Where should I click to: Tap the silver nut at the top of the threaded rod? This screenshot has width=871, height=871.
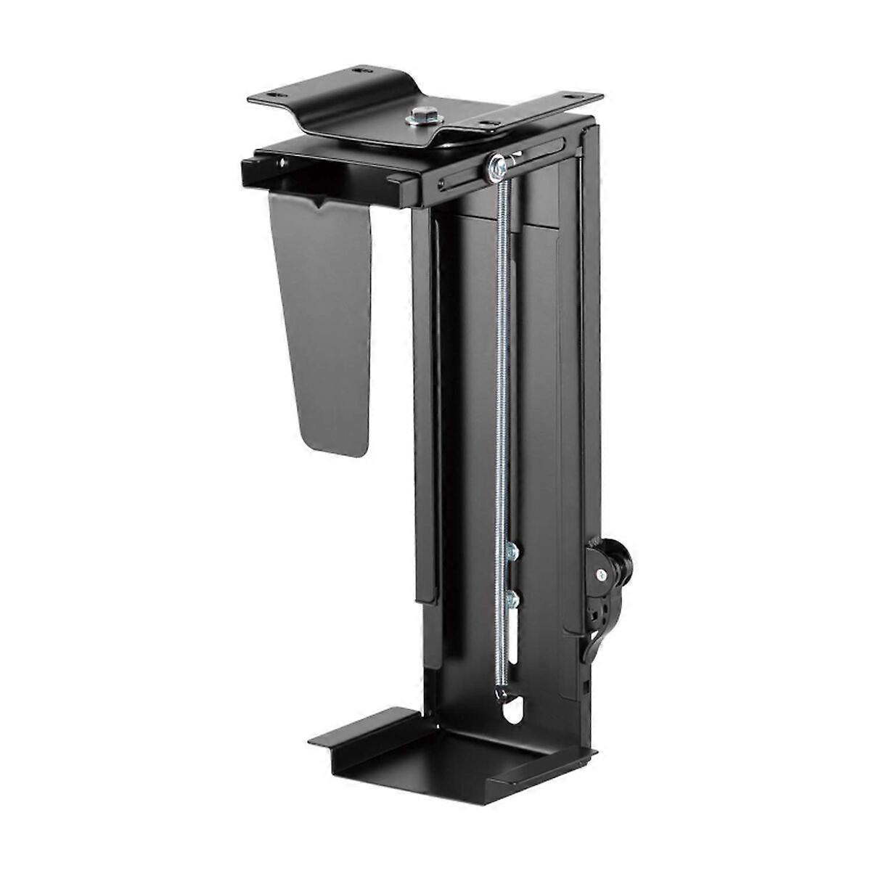coord(497,168)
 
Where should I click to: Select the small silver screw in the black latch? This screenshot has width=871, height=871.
coord(602,573)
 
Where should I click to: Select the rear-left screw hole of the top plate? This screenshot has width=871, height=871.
coord(361,72)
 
